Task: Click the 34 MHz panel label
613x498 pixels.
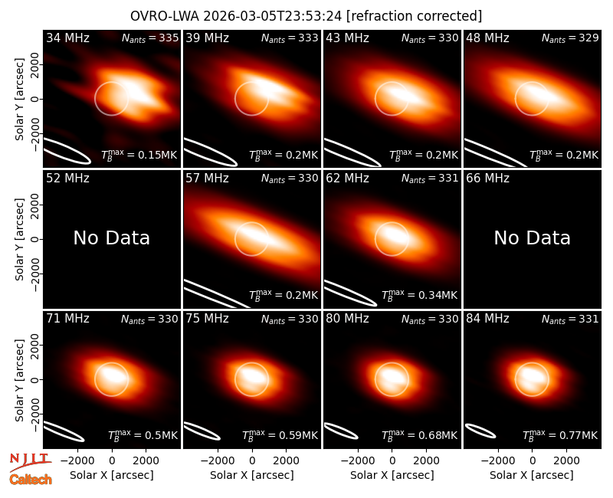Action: click(x=67, y=38)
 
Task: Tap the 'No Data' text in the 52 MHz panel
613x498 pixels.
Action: click(x=112, y=238)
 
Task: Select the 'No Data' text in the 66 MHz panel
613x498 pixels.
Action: click(x=532, y=238)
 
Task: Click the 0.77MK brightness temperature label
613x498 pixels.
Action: click(x=560, y=434)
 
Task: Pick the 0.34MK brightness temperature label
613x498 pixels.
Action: click(x=419, y=294)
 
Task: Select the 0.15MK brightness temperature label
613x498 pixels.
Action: click(x=139, y=155)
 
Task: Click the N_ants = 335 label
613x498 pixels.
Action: click(x=150, y=38)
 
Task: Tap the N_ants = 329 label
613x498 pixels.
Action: click(x=570, y=38)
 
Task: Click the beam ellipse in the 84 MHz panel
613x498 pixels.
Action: click(x=480, y=431)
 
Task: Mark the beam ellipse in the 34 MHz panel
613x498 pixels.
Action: click(x=67, y=150)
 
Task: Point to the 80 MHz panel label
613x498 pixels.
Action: click(x=347, y=319)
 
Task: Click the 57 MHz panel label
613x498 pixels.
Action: click(x=207, y=179)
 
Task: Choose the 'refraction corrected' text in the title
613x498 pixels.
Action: click(x=414, y=16)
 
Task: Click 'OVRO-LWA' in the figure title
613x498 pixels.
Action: click(x=165, y=16)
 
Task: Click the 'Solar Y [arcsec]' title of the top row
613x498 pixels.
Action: click(x=19, y=100)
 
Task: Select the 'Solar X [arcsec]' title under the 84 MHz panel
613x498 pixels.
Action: click(x=532, y=475)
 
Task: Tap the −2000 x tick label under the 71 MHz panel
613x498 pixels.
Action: click(x=77, y=461)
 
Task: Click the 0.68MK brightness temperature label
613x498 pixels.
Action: click(x=419, y=434)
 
